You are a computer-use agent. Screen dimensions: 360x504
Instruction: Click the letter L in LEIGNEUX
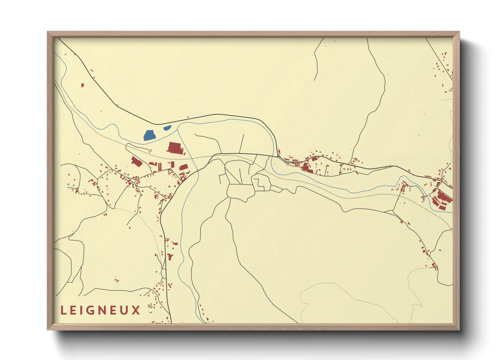(63, 310)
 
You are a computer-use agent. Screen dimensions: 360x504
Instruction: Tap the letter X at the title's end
(136, 310)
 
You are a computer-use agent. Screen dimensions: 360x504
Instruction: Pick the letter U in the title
(125, 310)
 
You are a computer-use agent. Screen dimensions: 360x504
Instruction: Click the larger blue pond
(149, 135)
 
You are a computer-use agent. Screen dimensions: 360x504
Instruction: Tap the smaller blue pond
(167, 128)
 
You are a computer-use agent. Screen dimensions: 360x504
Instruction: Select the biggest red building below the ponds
(175, 148)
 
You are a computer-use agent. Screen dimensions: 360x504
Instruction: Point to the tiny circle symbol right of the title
(150, 307)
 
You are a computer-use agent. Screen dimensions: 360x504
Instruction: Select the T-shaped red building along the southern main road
(170, 257)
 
